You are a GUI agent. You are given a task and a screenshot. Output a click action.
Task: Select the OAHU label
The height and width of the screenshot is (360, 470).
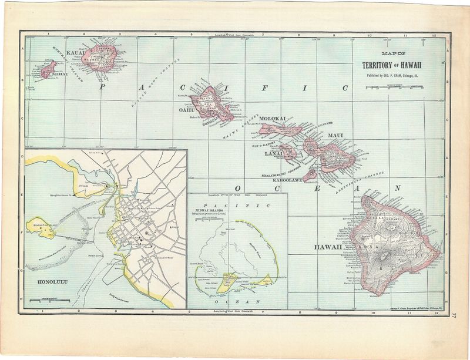(187, 109)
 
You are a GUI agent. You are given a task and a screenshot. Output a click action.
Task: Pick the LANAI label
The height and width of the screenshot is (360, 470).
(273, 154)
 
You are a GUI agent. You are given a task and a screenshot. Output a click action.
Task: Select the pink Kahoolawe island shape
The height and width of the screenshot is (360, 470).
(310, 174)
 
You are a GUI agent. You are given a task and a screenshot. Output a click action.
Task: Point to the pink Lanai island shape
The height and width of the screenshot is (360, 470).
(288, 152)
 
